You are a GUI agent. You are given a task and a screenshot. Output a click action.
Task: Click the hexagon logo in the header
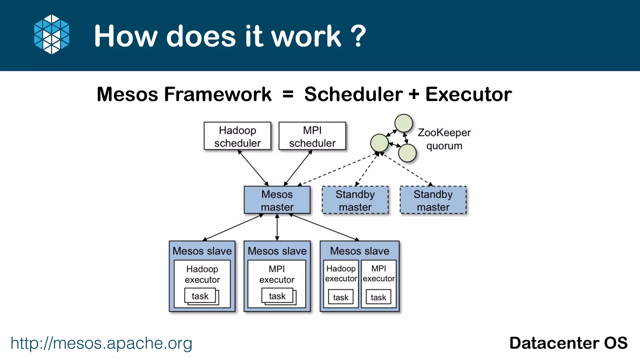[x=52, y=34]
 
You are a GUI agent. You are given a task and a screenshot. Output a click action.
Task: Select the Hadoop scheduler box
[x=237, y=136]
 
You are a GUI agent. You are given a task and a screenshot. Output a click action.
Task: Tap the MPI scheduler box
[x=312, y=136]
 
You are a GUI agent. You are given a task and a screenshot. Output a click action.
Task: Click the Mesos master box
[x=277, y=200]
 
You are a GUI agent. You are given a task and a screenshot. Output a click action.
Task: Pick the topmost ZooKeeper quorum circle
[x=403, y=123]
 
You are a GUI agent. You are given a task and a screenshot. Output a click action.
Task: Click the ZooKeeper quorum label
[x=444, y=139]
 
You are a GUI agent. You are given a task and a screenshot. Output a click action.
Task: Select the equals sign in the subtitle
[x=288, y=94]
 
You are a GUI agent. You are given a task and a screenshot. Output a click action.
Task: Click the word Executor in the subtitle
[x=468, y=94]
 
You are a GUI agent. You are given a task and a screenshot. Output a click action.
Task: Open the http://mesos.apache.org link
[x=101, y=343]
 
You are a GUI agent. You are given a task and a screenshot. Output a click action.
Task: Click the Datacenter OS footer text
[x=568, y=343]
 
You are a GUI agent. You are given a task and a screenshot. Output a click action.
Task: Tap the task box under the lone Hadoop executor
[x=200, y=296]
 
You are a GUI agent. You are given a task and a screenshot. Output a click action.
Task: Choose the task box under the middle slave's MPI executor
[x=277, y=296]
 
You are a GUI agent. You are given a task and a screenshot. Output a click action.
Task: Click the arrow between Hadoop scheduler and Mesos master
[x=253, y=168]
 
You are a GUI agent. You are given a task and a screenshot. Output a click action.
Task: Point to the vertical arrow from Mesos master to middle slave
[x=277, y=227]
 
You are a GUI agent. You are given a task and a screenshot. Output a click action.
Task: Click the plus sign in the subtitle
[x=414, y=94]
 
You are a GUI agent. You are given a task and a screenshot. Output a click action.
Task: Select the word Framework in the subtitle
[x=218, y=94]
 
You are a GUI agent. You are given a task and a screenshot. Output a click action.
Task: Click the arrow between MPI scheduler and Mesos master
[x=298, y=168]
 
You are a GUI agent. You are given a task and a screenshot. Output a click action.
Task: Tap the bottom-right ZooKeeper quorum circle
[x=407, y=153]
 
